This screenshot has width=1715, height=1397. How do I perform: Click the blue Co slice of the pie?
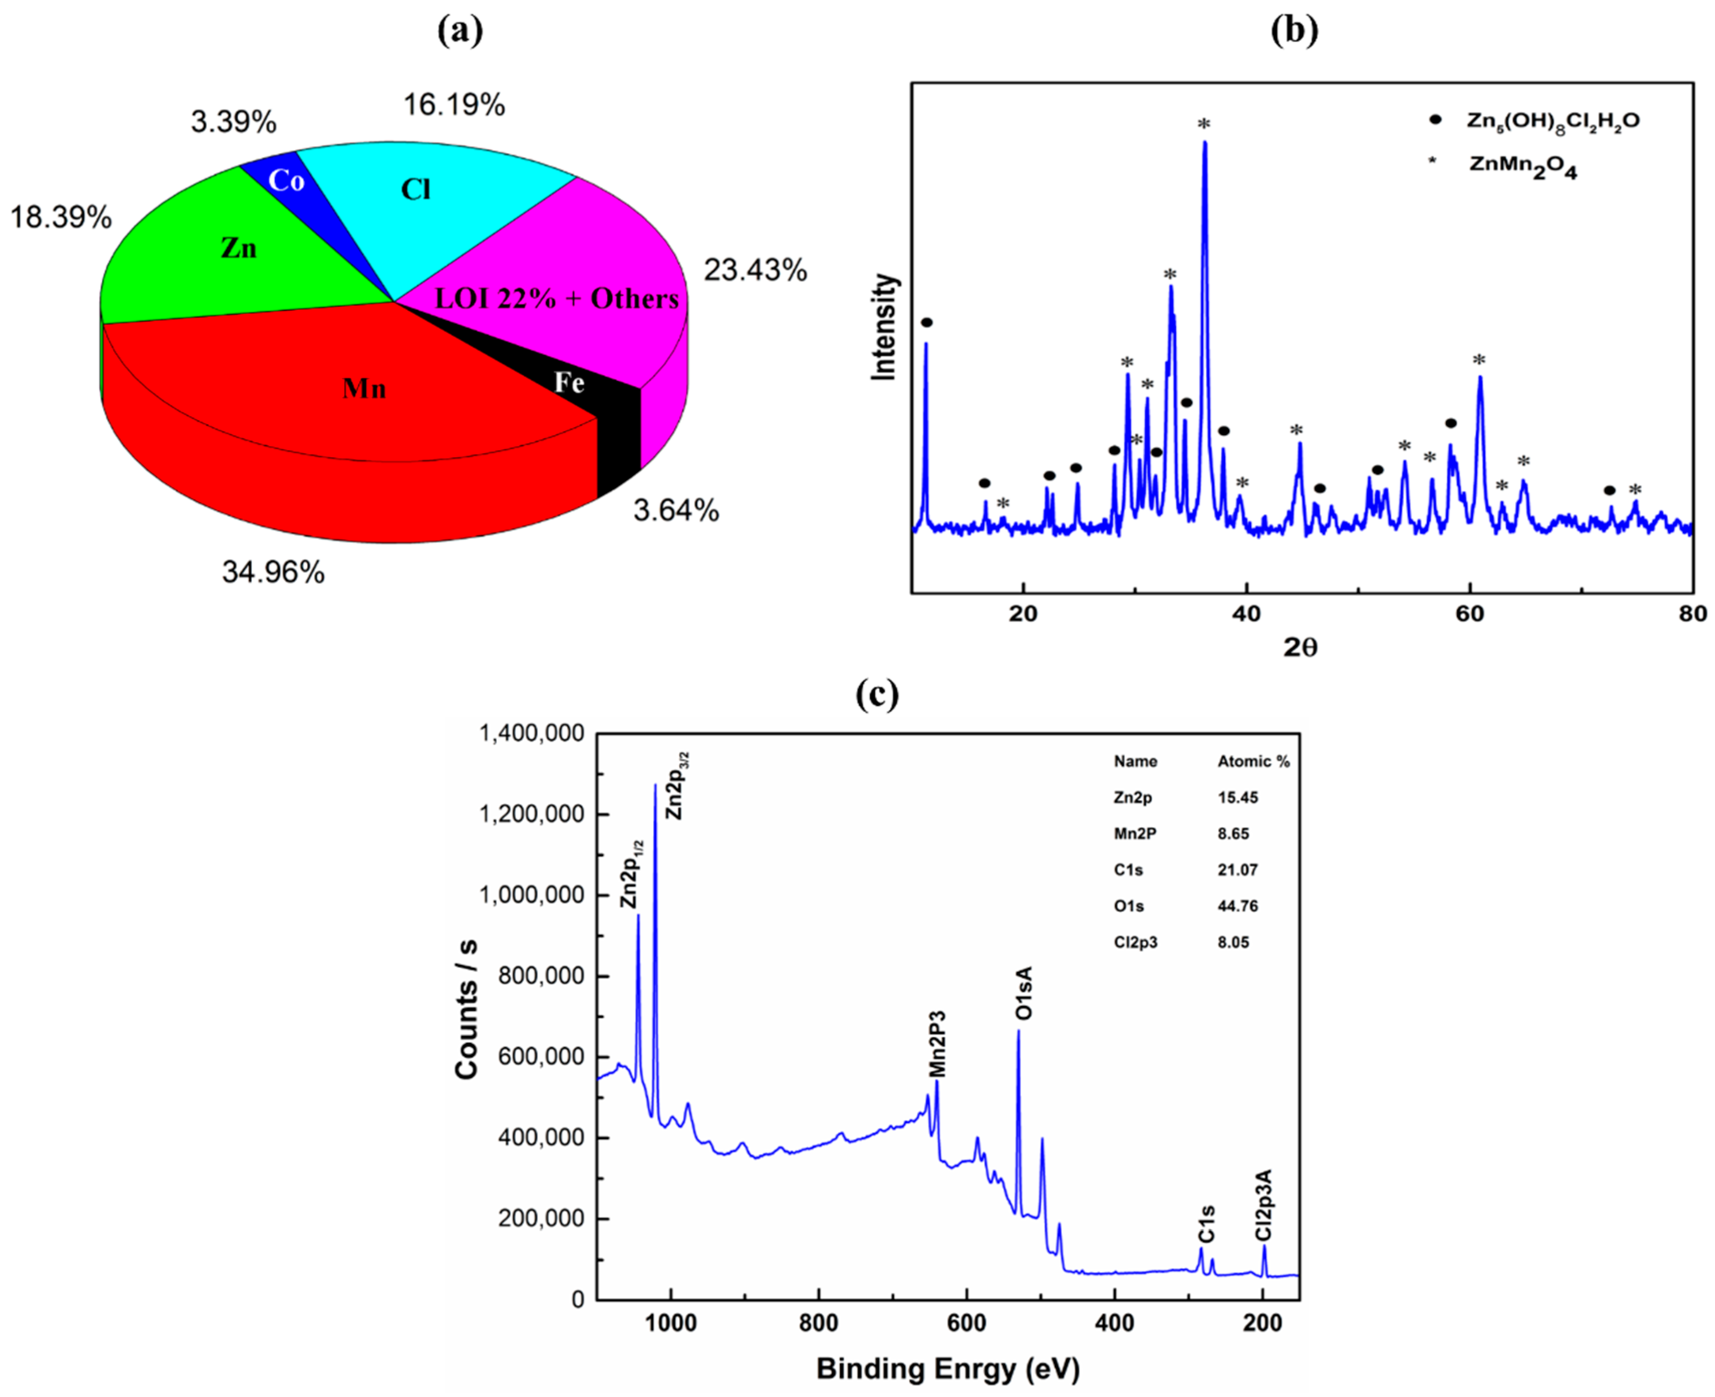click(286, 181)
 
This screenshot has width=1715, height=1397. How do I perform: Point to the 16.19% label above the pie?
click(454, 105)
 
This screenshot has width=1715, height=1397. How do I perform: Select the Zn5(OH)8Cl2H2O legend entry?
click(1551, 121)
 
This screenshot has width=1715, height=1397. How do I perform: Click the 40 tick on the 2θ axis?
click(1246, 614)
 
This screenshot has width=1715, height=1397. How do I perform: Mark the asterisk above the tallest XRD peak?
click(1204, 124)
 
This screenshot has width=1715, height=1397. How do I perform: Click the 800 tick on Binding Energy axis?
click(819, 1321)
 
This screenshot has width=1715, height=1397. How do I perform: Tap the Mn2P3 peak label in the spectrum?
click(938, 1043)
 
